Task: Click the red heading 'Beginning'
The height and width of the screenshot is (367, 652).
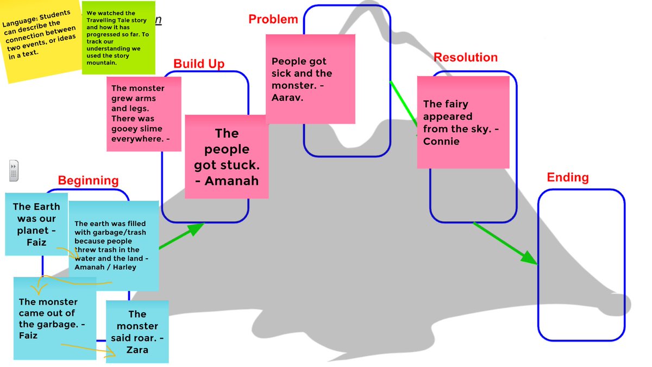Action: point(88,181)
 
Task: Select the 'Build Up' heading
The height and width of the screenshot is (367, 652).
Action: point(199,64)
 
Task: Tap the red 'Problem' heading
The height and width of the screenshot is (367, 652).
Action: point(273,20)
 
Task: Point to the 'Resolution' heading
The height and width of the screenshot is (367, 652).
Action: point(465,58)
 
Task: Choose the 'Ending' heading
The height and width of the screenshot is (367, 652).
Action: point(567,178)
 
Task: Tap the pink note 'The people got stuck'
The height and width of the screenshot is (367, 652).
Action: point(227,157)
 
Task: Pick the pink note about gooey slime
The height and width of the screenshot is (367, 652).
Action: point(143,114)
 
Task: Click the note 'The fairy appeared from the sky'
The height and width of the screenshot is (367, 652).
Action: point(463,122)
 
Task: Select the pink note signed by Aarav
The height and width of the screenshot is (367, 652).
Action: point(310,79)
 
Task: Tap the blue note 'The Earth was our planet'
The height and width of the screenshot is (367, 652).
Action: point(36,224)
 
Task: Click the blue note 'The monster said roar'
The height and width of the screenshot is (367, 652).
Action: point(137,332)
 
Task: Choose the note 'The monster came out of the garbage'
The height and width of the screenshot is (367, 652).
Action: point(54,318)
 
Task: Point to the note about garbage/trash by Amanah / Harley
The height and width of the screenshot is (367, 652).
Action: point(114,245)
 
